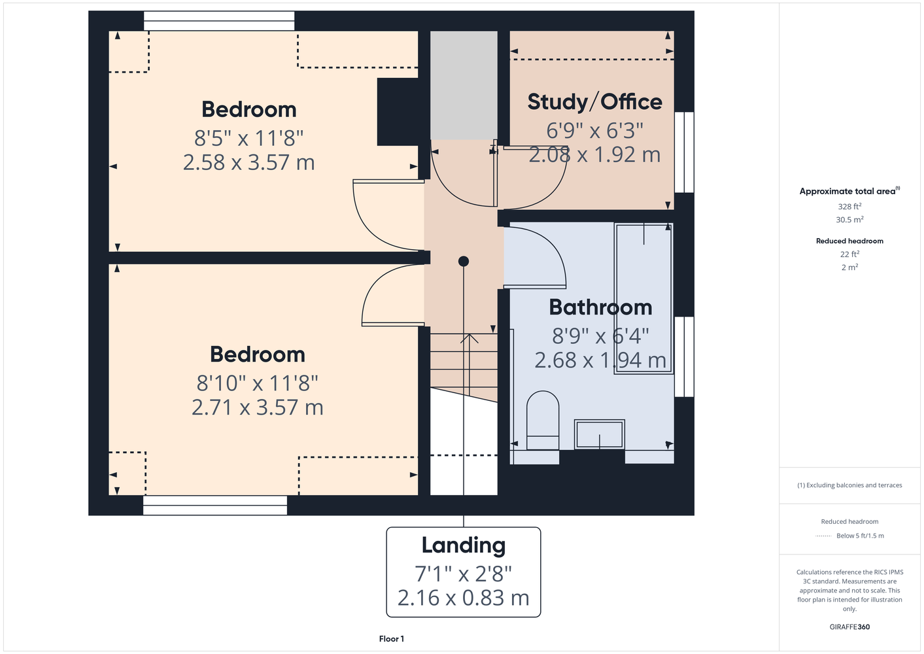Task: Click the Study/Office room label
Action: pos(594,102)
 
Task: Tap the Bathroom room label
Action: pos(600,307)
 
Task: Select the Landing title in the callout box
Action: pos(463,546)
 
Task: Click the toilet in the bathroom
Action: pos(543,420)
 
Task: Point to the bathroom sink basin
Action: pos(600,434)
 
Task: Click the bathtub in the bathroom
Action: pos(643,299)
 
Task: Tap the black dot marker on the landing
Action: pos(463,261)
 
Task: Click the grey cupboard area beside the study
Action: pos(464,86)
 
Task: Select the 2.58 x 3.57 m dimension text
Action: pos(248,163)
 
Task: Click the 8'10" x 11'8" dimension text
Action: pos(258,383)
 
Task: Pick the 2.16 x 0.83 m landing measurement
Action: pos(463,598)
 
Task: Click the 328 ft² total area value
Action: pos(849,206)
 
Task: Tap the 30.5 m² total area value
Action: pos(849,220)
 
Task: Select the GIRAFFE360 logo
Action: pos(849,627)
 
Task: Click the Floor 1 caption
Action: pos(392,639)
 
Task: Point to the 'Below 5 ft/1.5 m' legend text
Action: pos(860,536)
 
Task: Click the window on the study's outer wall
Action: pos(685,152)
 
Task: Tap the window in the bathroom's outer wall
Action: pos(685,357)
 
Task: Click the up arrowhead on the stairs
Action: pos(469,338)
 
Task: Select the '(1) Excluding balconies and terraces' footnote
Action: pos(849,485)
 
